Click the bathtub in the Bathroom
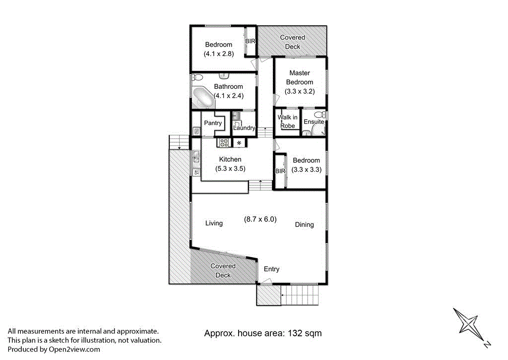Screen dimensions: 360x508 (203, 97)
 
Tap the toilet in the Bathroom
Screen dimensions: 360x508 (197, 77)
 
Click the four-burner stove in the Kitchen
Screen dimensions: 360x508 (224, 143)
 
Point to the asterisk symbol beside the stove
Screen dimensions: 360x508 (240, 143)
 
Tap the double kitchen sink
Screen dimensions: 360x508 (196, 157)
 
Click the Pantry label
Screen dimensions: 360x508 (212, 122)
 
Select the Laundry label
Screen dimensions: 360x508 (244, 128)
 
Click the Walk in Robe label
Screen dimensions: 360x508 (288, 122)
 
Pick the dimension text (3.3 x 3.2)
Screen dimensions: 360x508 (300, 91)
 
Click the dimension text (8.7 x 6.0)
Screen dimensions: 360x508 (260, 219)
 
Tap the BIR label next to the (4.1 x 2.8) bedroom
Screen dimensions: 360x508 (250, 41)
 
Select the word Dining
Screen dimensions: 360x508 (304, 225)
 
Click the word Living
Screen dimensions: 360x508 (214, 223)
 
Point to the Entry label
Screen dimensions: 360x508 (271, 269)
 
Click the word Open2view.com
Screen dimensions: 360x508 (74, 350)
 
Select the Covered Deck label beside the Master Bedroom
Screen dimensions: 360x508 (292, 42)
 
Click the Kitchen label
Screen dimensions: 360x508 (230, 159)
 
